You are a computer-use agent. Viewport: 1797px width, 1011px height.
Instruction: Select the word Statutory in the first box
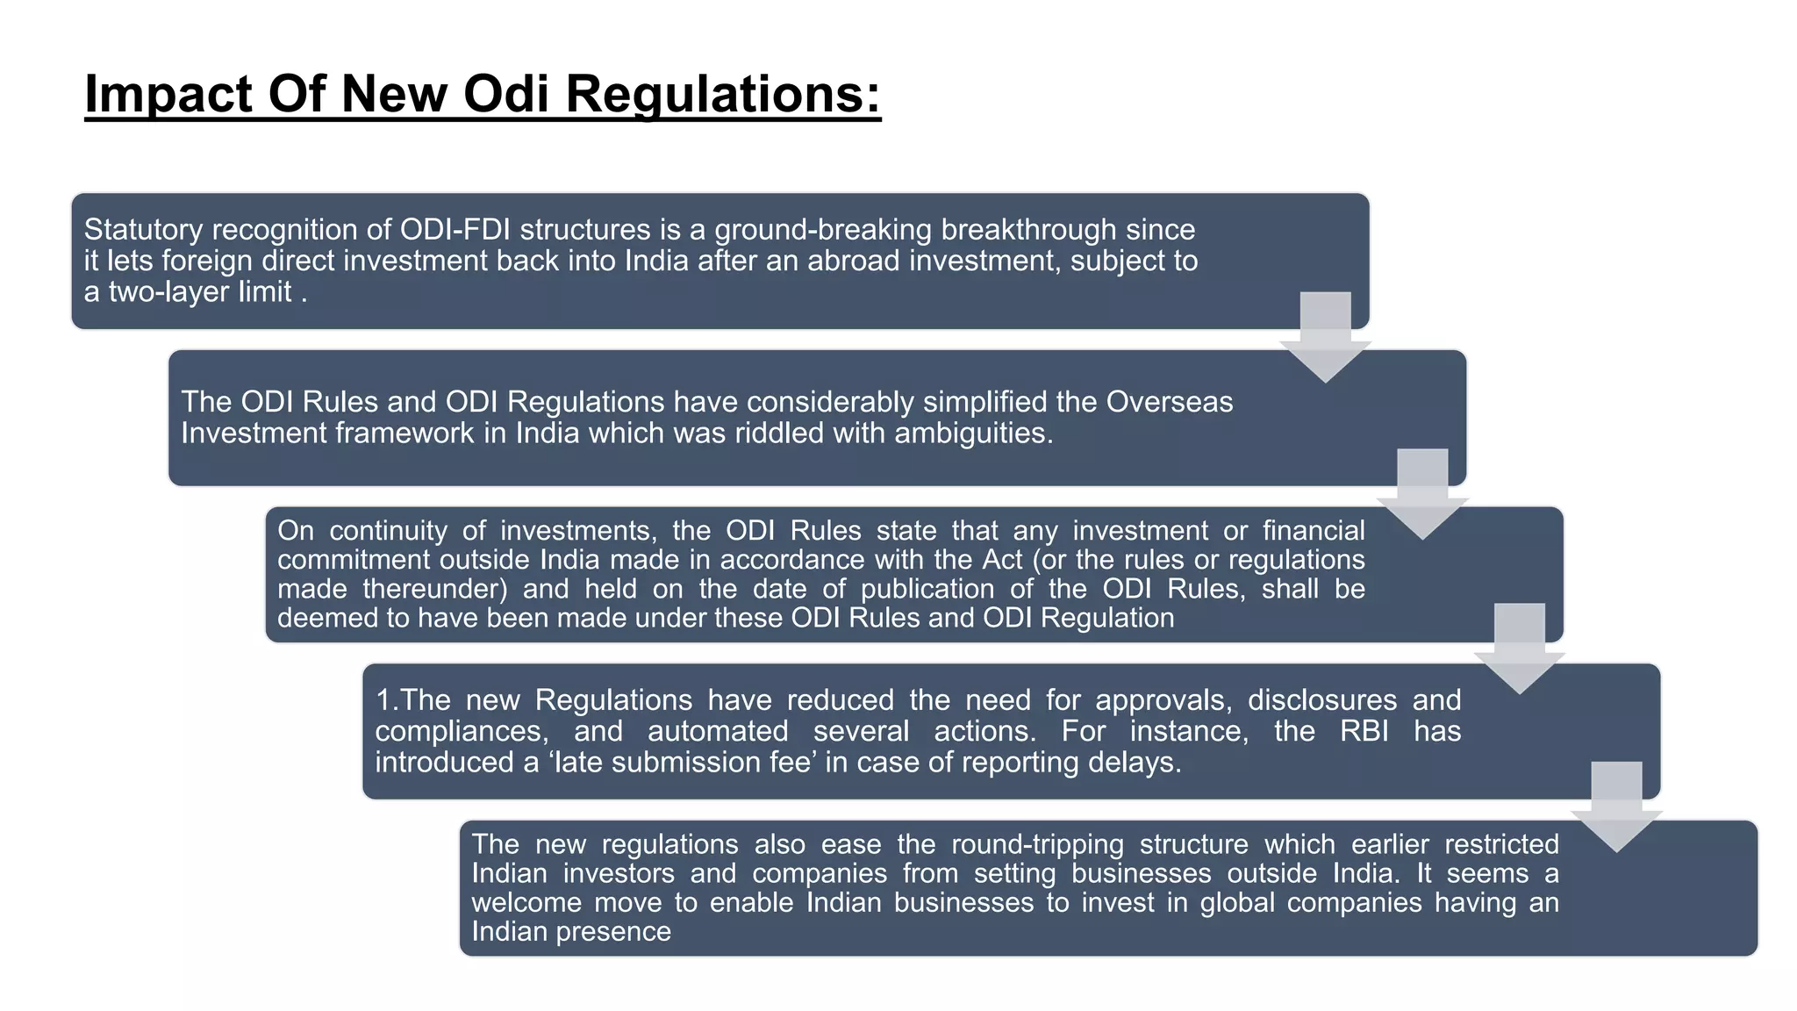[x=144, y=230]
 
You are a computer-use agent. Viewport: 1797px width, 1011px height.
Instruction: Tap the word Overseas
[x=1170, y=402]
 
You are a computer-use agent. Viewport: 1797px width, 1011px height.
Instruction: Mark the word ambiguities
[x=973, y=433]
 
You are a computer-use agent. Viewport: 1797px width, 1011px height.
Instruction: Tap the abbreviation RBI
[x=1364, y=731]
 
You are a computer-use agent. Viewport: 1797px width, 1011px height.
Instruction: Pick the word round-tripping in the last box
[x=1037, y=844]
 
